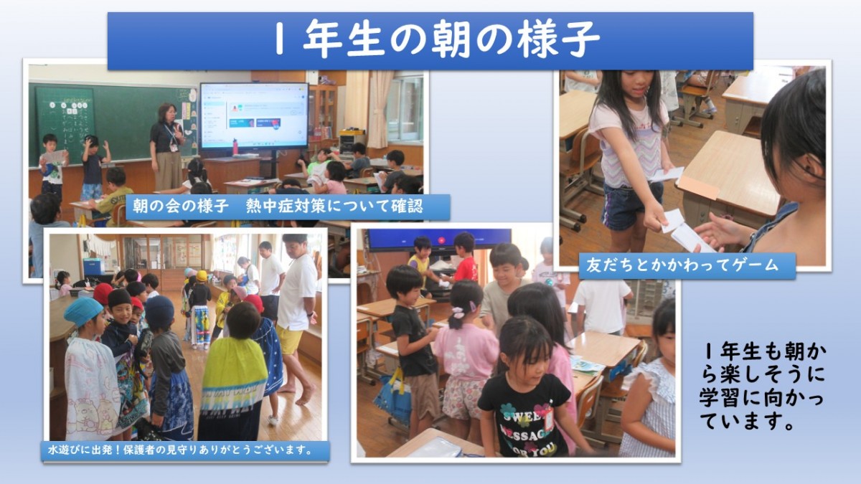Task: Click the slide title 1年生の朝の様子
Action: pyautogui.click(x=438, y=39)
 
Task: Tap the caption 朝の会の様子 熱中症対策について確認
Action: pyautogui.click(x=278, y=207)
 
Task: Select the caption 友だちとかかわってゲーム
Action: pyautogui.click(x=682, y=265)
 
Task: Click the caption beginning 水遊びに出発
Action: pyautogui.click(x=180, y=450)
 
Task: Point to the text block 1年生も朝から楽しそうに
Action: pyautogui.click(x=762, y=386)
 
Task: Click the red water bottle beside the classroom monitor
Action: pyautogui.click(x=235, y=147)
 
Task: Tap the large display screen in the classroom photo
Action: pyautogui.click(x=254, y=116)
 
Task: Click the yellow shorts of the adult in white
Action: pyautogui.click(x=290, y=341)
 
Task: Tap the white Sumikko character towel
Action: pyautogui.click(x=91, y=388)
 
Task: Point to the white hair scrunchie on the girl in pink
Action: pyautogui.click(x=458, y=313)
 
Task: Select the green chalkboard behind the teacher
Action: pyautogui.click(x=111, y=123)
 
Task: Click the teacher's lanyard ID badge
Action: pyautogui.click(x=174, y=148)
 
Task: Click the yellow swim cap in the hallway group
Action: pyautogui.click(x=202, y=275)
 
